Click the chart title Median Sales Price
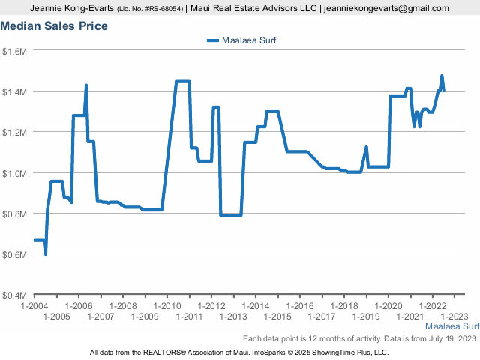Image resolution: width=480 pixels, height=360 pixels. (x=54, y=26)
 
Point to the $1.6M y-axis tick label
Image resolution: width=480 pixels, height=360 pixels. (x=15, y=51)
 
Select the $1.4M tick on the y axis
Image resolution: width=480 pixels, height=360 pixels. (x=15, y=91)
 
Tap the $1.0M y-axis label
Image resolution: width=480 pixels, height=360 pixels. (x=15, y=173)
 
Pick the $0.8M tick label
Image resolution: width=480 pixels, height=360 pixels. (x=15, y=214)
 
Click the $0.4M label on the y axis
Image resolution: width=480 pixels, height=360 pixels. (x=15, y=295)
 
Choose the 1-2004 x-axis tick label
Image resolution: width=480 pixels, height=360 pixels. (x=34, y=306)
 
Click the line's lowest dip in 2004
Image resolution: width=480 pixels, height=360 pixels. (x=46, y=254)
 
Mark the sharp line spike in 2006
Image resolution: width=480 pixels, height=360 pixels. (x=86, y=85)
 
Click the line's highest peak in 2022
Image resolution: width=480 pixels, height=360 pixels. (x=442, y=76)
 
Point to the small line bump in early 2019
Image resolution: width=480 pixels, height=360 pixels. (x=366, y=147)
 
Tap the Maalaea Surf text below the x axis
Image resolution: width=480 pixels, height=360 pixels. (x=452, y=327)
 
